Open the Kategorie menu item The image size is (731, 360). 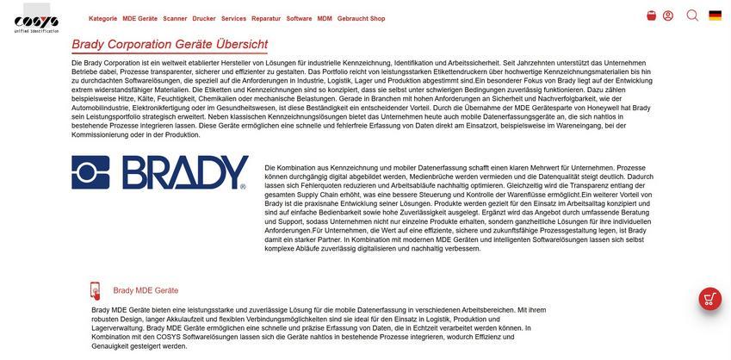point(102,18)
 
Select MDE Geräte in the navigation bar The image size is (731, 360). point(139,18)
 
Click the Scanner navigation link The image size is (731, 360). point(175,18)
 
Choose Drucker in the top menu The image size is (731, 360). point(204,18)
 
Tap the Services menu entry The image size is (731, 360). point(233,18)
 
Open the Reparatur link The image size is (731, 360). point(266,18)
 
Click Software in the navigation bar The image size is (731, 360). point(299,18)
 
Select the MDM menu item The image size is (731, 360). point(325,18)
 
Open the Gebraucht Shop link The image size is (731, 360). point(361,18)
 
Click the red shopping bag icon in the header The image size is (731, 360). point(651,16)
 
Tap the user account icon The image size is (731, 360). point(668,16)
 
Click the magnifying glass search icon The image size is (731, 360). point(692,16)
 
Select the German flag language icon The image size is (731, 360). point(716,16)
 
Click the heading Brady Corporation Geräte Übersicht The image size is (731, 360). point(170,45)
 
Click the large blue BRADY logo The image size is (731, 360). point(159,173)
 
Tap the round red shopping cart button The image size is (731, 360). point(710,299)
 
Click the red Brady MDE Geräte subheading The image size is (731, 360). point(146,291)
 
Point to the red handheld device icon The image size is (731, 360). point(95,291)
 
